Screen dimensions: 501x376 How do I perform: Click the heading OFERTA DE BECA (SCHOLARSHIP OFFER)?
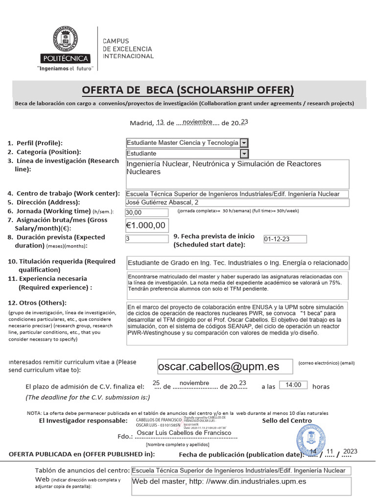pyautogui.click(x=188, y=90)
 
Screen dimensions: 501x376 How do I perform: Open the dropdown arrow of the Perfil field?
pyautogui.click(x=244, y=143)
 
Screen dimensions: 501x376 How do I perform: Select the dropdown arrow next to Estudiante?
pyautogui.click(x=244, y=154)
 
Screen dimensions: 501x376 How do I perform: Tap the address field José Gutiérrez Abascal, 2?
pyautogui.click(x=237, y=203)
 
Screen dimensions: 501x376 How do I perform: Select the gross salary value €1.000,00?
pyautogui.click(x=146, y=225)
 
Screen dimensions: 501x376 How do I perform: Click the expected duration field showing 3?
pyautogui.click(x=147, y=239)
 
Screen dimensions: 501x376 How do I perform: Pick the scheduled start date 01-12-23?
pyautogui.click(x=284, y=240)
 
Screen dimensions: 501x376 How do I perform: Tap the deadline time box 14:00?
pyautogui.click(x=293, y=386)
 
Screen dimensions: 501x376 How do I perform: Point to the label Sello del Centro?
pyautogui.click(x=286, y=421)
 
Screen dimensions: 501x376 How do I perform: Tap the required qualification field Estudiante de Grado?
pyautogui.click(x=237, y=263)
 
